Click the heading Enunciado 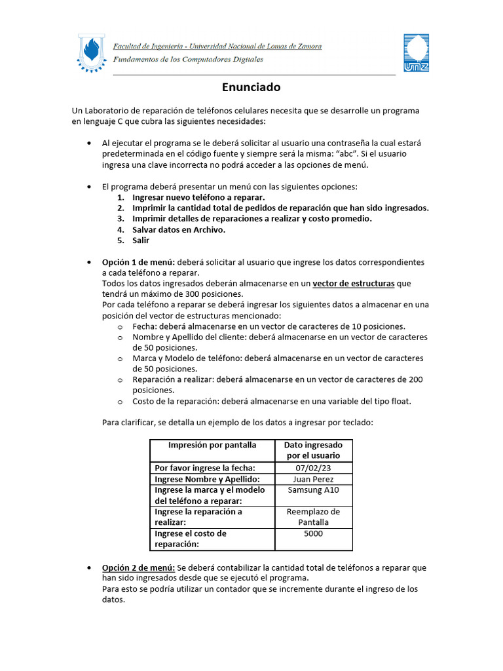pos(251,87)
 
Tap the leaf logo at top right pos(415,53)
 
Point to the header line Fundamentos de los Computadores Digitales pos(189,59)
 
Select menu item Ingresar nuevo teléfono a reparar pos(198,197)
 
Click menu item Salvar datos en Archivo pos(179,229)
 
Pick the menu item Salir pos(141,240)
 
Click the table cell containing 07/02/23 pos(314,468)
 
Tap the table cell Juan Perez pos(314,479)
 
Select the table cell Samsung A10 pos(314,490)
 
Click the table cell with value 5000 pos(314,533)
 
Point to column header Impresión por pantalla pos(212,445)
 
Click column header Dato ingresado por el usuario pos(314,450)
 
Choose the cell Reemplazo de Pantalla pos(314,517)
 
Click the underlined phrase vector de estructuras pos(353,283)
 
